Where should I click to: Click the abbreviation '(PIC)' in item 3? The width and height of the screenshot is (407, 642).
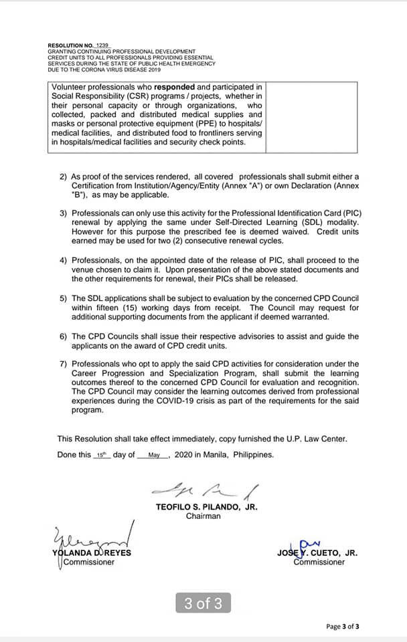[348, 213]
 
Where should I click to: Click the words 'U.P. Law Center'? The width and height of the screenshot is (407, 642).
[317, 439]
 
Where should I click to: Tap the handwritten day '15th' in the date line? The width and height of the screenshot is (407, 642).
[101, 455]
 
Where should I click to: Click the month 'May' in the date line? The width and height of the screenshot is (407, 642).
[154, 455]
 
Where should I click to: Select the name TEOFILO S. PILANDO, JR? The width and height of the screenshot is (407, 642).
[206, 507]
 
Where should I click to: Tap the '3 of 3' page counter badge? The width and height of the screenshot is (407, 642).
[203, 603]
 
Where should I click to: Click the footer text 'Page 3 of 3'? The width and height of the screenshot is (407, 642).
[342, 627]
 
